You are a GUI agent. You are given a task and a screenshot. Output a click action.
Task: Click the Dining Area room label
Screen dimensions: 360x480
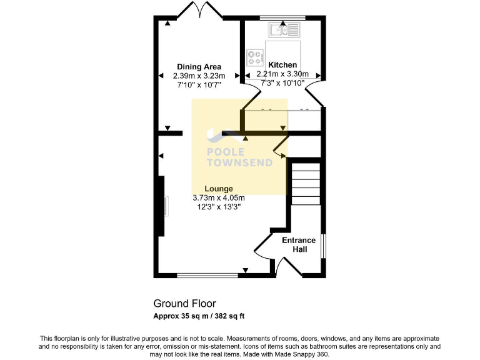(x=199, y=67)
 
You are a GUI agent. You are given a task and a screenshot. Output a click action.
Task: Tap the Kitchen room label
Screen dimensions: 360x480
(x=282, y=65)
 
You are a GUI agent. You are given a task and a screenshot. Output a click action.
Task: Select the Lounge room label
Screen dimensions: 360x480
(x=219, y=189)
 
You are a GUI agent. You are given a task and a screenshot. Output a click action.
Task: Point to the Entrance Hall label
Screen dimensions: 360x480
(x=299, y=244)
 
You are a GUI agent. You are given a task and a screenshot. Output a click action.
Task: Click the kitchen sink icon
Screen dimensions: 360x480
(x=284, y=29)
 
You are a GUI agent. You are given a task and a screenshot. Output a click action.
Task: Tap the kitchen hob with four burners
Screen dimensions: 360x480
(x=255, y=57)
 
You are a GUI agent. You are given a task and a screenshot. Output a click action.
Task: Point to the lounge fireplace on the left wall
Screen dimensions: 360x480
(x=161, y=206)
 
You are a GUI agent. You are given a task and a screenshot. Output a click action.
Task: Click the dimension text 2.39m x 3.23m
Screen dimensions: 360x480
(x=199, y=76)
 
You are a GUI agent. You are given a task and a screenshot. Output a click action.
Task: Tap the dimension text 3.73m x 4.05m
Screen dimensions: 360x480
(x=219, y=197)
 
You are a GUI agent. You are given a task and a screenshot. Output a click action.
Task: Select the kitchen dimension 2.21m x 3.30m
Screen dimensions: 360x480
(x=282, y=74)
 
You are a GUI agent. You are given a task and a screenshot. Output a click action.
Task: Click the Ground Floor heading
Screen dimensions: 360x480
(x=185, y=304)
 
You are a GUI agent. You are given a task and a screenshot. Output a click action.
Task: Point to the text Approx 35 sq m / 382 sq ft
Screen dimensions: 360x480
(x=199, y=316)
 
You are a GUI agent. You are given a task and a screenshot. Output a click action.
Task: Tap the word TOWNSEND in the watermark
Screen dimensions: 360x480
(x=240, y=163)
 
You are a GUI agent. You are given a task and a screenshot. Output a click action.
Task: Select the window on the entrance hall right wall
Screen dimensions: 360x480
(x=323, y=246)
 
